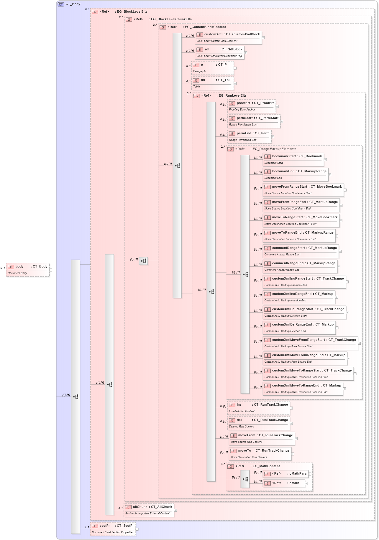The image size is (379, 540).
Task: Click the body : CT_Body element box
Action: (28, 270)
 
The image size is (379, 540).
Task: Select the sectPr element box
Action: (113, 529)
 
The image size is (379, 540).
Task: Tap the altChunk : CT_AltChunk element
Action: (149, 510)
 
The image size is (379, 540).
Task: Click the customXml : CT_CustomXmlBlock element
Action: (228, 37)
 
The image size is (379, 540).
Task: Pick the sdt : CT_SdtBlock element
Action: (219, 52)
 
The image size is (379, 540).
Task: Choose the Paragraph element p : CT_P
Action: (212, 68)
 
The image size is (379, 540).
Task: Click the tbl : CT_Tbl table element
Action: (212, 83)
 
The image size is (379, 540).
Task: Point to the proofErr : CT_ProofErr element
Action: (252, 106)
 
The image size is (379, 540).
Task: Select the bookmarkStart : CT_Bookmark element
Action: (293, 159)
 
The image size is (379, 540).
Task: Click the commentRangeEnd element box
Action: (300, 266)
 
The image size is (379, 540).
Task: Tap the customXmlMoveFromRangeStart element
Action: (310, 343)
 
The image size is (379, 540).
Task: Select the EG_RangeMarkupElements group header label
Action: (274, 149)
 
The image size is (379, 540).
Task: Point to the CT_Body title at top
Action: (73, 4)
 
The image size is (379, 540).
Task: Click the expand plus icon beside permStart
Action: (282, 121)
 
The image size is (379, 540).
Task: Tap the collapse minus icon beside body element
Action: (51, 270)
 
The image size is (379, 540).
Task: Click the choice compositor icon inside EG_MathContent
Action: (245, 479)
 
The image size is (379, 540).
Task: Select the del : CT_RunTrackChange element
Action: (259, 423)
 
